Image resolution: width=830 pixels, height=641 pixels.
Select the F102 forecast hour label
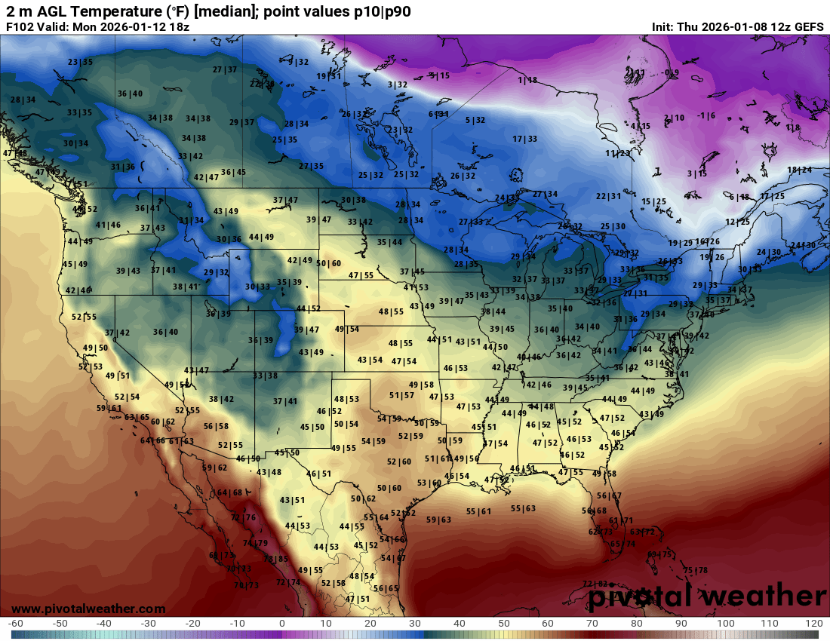coord(20,26)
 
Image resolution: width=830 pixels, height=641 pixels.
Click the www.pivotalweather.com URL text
coord(88,609)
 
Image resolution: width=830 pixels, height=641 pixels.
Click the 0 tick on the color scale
coord(281,624)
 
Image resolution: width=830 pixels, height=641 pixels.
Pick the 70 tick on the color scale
coord(592,624)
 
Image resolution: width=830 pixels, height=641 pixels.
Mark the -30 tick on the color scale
coord(149,624)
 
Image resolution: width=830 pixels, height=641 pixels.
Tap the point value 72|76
coord(243,517)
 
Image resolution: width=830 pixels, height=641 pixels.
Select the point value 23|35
coord(80,62)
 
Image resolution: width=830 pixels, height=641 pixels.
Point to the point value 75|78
coord(696,570)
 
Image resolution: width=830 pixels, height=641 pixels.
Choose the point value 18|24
coord(800,170)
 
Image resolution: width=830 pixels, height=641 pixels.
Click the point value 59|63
coord(438,520)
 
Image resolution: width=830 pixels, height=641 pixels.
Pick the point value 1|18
coord(527,80)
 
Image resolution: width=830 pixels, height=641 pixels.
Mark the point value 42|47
coord(206,178)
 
